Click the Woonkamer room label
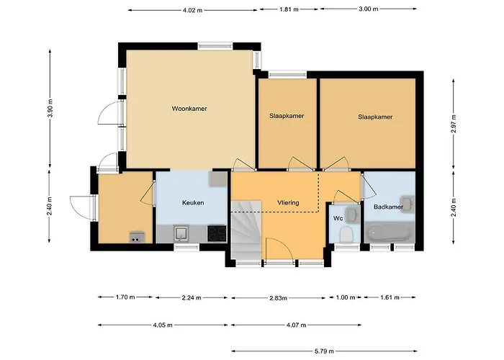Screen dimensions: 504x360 [x=189, y=109]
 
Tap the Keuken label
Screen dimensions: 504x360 [x=193, y=203]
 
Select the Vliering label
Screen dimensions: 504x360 [x=288, y=203]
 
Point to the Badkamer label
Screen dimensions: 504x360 [x=388, y=207]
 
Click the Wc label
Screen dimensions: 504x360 [x=338, y=219]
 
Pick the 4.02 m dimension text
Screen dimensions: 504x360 [x=192, y=10]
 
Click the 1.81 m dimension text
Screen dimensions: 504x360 [x=289, y=9]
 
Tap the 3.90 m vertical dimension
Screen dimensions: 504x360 [x=50, y=109]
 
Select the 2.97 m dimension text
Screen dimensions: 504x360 [x=453, y=124]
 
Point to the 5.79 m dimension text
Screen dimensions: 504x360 [x=324, y=351]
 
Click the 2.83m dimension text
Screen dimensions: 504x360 [x=278, y=298]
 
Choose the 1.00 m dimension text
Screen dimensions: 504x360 [x=345, y=297]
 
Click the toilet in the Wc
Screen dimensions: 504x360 [x=346, y=234]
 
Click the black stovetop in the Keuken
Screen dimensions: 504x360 [x=217, y=233]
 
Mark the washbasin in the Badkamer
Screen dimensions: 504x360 [x=408, y=204]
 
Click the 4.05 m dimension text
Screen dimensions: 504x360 [x=162, y=325]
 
